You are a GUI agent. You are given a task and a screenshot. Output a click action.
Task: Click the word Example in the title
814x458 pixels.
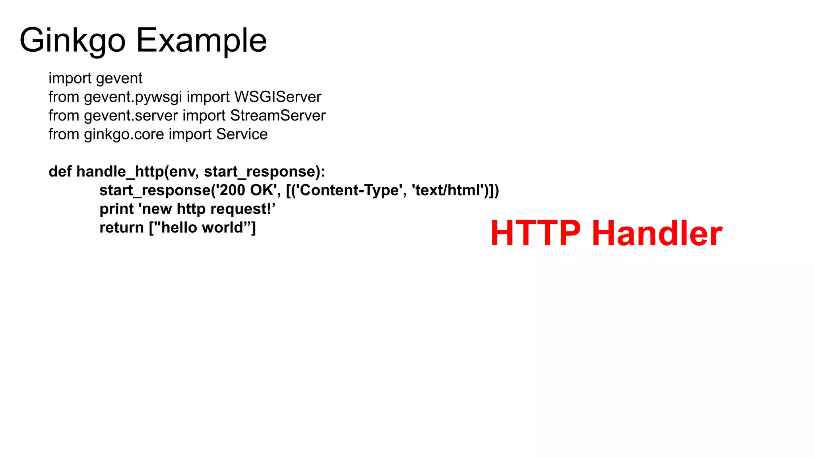[202, 41]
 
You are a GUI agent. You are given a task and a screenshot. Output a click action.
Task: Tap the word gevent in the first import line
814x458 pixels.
[119, 78]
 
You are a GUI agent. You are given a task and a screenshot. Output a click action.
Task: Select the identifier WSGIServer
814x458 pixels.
[277, 97]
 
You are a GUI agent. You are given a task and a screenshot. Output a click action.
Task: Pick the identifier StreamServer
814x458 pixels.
[277, 116]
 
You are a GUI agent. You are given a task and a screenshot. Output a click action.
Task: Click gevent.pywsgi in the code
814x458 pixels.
[133, 97]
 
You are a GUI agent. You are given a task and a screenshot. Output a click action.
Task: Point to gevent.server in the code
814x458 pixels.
[131, 116]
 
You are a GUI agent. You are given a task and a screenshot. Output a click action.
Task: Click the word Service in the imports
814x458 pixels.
[242, 134]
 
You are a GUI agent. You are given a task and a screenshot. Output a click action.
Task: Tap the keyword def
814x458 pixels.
[60, 172]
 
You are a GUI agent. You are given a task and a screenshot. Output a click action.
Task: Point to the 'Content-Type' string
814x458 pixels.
[348, 190]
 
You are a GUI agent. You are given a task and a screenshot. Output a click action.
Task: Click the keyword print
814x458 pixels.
[116, 209]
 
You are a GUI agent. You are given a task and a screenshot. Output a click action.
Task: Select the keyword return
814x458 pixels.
[121, 228]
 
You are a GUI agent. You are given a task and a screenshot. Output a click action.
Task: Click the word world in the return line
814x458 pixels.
[223, 228]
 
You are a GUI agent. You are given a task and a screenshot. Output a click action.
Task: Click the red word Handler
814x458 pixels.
[657, 233]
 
